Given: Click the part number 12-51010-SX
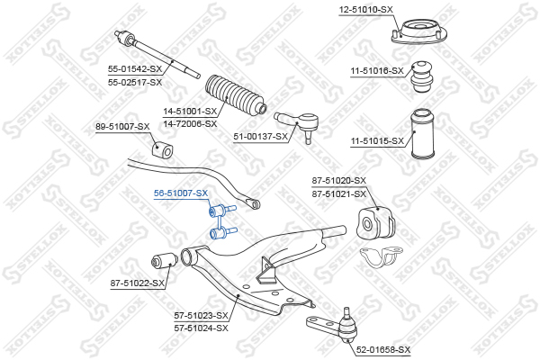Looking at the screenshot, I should (x=366, y=9).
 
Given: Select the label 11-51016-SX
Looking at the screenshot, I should (x=376, y=69).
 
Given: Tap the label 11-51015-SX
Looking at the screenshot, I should (x=376, y=141).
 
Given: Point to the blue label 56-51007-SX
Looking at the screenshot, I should (x=180, y=193).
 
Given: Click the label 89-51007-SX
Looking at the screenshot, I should (x=122, y=127).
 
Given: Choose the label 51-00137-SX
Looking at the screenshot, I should (x=261, y=137).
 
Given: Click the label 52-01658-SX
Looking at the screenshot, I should (x=382, y=349).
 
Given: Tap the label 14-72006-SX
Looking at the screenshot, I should (x=190, y=123).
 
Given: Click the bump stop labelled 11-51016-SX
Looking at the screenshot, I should (x=420, y=76).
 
